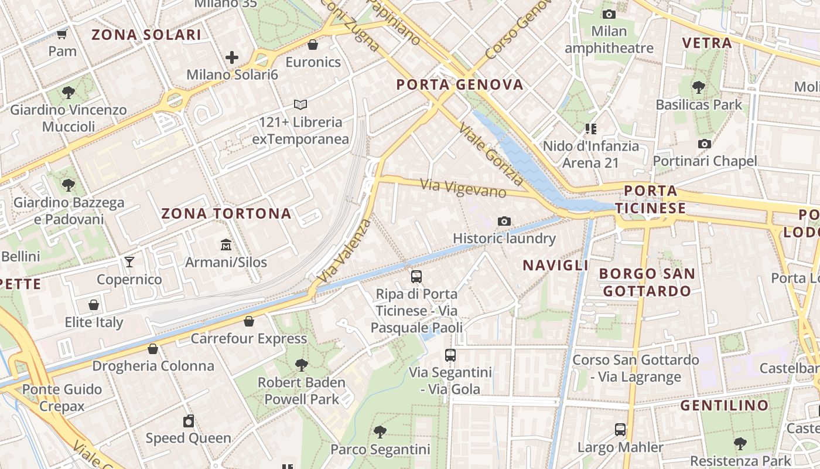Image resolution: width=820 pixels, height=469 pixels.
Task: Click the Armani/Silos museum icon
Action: tap(226, 244)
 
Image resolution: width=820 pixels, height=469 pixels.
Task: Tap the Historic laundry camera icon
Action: tap(504, 221)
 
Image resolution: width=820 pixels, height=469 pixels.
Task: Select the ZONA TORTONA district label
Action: tap(226, 213)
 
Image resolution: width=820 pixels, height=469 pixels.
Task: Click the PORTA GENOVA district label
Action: tap(460, 85)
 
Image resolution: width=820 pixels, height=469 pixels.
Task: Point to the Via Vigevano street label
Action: tap(463, 188)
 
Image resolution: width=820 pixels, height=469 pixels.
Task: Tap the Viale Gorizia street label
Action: tap(491, 153)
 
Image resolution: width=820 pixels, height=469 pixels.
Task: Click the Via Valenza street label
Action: tap(343, 250)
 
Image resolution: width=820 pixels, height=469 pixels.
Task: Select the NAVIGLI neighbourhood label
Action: tap(555, 266)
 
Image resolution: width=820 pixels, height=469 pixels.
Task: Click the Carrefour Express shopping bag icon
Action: tap(249, 321)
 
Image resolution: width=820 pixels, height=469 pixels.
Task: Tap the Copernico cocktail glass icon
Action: tap(129, 261)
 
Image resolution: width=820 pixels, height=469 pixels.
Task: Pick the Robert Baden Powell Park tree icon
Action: tap(302, 365)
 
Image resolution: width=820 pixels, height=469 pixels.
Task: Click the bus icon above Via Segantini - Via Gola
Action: tap(450, 355)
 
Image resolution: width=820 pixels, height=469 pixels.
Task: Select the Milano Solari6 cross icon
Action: tap(232, 57)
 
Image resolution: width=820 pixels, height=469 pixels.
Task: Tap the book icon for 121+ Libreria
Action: tap(300, 104)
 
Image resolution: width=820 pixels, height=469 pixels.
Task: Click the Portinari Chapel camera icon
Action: tap(705, 144)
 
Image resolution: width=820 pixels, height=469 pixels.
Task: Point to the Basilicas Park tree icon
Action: tap(698, 87)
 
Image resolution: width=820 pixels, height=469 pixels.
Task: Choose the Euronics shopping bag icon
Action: tap(313, 45)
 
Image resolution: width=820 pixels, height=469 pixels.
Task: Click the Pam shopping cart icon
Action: tap(62, 34)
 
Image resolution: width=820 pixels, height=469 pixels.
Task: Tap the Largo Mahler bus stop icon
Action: tap(620, 430)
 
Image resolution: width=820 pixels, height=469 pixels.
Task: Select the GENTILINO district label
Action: tap(724, 405)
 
